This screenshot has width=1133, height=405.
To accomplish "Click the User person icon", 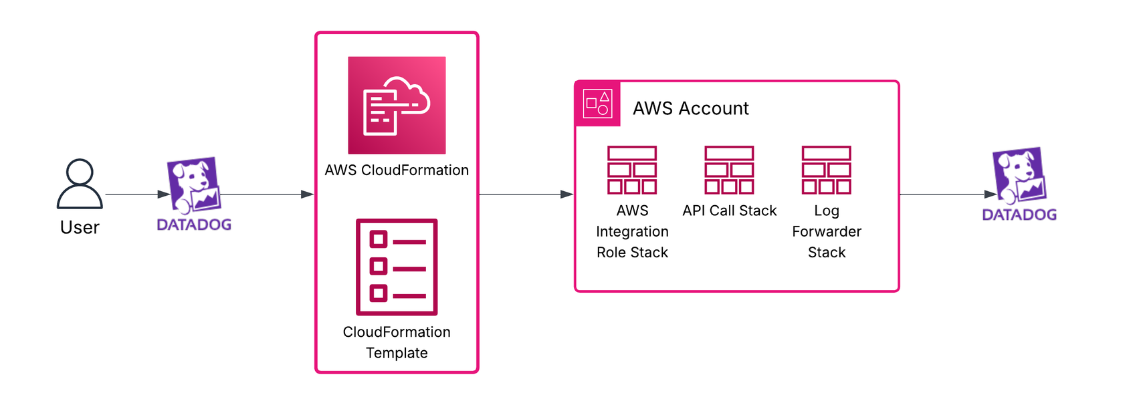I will (80, 184).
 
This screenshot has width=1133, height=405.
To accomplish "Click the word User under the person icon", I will (80, 228).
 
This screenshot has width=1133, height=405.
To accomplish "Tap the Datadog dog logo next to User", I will (193, 184).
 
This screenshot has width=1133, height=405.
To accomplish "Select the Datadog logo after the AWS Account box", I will (1019, 175).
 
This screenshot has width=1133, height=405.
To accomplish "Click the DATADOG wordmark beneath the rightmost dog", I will (1019, 215).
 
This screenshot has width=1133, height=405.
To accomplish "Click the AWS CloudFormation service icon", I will (397, 106).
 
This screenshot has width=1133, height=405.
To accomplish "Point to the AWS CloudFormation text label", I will (397, 170).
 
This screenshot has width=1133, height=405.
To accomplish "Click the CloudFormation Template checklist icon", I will (397, 267).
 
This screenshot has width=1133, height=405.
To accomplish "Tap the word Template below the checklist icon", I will (397, 353).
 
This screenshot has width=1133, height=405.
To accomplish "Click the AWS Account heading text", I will (690, 108).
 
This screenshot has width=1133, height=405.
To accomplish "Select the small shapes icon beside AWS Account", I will (597, 104).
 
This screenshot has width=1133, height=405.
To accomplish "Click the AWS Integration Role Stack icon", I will (632, 170).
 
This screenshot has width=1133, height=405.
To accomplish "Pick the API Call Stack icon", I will (729, 170).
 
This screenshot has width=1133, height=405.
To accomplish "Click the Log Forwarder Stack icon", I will (826, 170).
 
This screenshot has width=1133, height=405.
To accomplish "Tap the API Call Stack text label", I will (729, 211).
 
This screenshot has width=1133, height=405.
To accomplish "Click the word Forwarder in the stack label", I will (827, 232).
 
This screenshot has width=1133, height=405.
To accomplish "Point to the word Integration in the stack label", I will (632, 232).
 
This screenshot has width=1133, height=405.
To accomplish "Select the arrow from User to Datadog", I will (136, 194).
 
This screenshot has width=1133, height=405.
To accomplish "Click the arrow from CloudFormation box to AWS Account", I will (526, 194).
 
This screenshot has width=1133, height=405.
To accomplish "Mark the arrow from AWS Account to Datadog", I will (947, 194).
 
